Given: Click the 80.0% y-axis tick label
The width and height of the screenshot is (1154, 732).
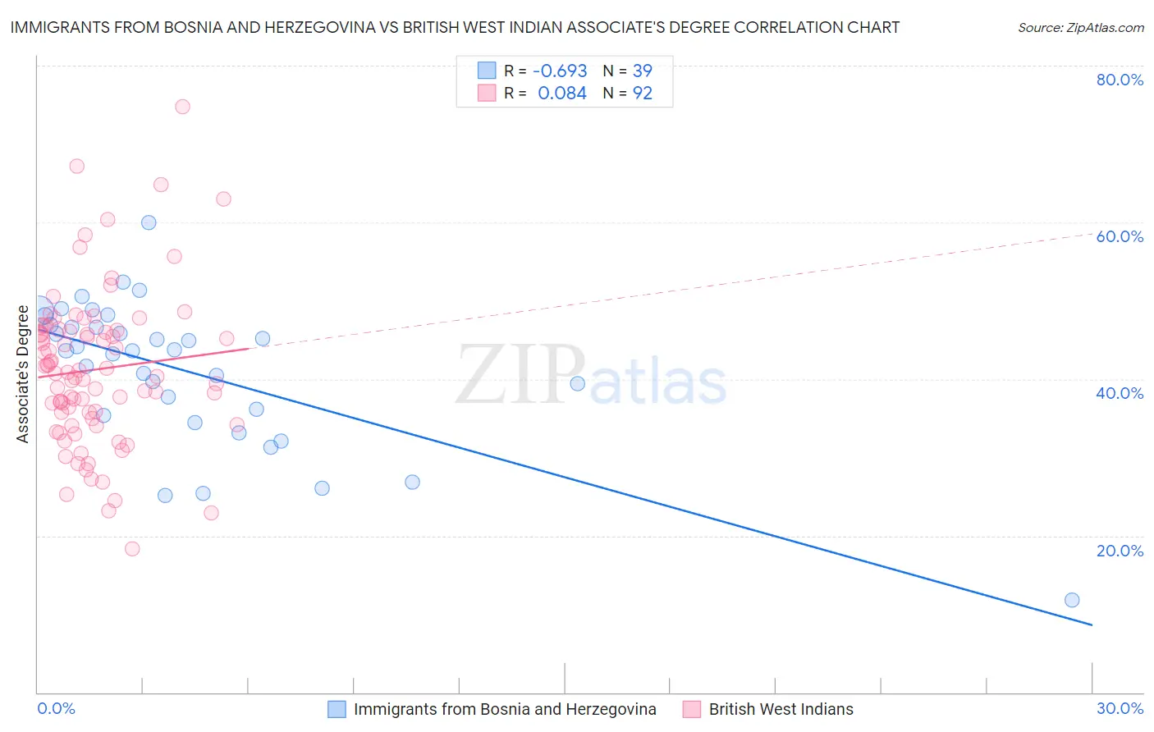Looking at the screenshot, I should pos(1120,80).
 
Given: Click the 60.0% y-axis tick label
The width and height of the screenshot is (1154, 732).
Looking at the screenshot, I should pos(1120,236).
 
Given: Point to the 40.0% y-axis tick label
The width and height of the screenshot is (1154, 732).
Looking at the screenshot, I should pos(1120,393).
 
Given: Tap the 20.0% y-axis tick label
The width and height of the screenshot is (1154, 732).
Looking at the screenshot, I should pos(1120,550).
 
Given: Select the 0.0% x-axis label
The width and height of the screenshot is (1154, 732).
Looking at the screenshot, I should pos(56,708).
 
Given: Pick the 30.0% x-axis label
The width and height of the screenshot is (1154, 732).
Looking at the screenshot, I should pos(1120,708).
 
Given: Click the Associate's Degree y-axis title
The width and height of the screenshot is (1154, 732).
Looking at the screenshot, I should pos(23,373).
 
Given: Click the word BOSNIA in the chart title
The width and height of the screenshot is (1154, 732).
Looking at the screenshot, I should pos(201,27).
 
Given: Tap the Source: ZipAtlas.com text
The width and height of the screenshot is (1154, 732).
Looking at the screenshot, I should pos(1080,27).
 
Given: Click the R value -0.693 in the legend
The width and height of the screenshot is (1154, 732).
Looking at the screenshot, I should pos(560,71).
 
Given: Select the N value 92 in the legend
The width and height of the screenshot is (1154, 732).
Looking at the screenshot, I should pos(642,94).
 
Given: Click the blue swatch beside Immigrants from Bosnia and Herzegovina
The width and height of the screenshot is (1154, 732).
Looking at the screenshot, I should pos(337,709).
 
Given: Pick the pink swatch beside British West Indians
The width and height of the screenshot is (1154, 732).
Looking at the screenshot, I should pos(692,709).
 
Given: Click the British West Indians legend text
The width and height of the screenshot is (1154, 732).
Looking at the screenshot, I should pos(781,709).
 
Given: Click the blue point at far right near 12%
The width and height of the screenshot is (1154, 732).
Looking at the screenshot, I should pos(1072,600).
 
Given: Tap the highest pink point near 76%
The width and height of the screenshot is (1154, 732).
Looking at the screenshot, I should pos(182,107).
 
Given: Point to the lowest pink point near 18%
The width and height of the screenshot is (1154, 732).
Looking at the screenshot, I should pos(132,549).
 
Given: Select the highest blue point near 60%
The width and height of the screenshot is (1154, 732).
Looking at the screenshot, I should pos(149,222).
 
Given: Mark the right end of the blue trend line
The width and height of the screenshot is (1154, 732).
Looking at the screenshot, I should pos(1092,625).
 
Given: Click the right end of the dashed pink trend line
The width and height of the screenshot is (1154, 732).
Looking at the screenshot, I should pos(1092,234).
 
